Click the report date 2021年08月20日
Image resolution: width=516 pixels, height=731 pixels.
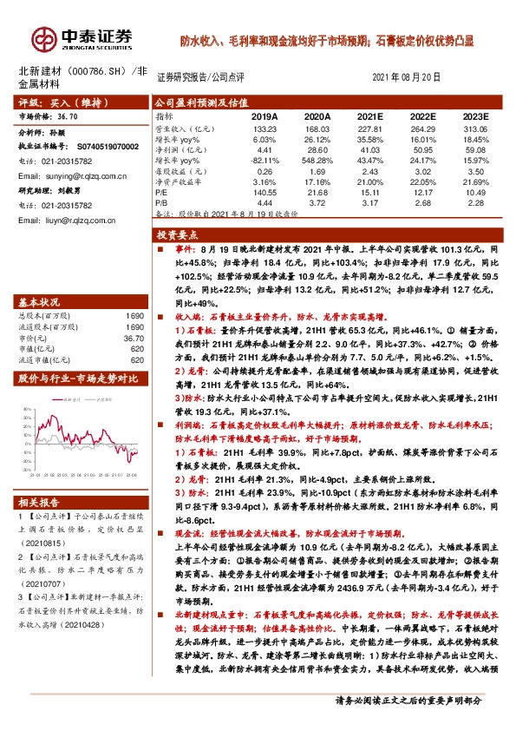[406, 76]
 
